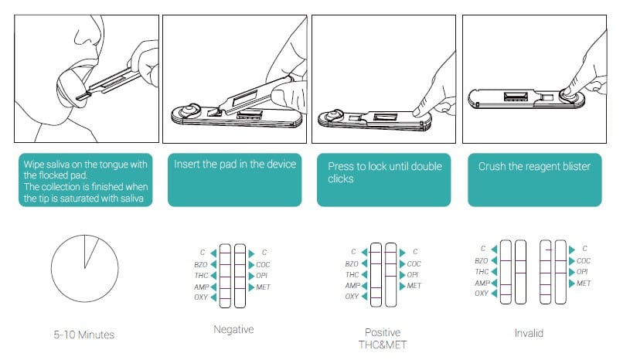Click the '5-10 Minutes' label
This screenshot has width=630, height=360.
coord(84,335)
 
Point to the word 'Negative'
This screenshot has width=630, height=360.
coord(233,329)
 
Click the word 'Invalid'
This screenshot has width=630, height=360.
coord(529,333)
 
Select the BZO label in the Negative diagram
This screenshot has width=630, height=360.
coord(199,263)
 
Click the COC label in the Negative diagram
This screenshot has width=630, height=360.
coord(264,263)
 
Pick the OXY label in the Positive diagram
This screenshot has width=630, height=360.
coord(352,297)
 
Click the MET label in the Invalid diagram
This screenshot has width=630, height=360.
coord(584,284)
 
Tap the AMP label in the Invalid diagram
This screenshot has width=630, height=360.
coord(481,283)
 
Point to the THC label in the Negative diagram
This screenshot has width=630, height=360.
coord(199,274)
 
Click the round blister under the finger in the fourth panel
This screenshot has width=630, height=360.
coord(570,93)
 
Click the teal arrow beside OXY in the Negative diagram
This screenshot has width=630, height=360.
coord(214,297)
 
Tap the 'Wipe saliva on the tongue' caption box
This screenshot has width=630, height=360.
coord(84,181)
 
